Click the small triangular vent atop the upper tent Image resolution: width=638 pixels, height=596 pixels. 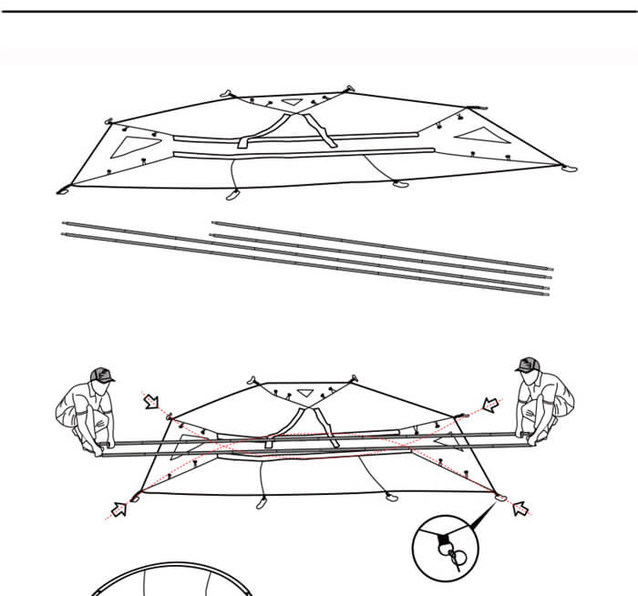coord(291,103)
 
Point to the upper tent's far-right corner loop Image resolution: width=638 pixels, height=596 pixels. coord(569,168)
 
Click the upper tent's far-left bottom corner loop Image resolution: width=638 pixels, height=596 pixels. coord(63,190)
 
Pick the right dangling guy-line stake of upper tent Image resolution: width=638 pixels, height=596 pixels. coord(399,184)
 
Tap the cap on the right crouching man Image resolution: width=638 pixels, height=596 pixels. coord(527,365)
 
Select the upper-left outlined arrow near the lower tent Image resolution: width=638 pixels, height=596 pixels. coord(150,400)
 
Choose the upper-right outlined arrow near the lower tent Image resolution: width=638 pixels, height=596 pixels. coord(491,405)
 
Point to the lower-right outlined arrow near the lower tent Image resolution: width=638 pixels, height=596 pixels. coord(521,508)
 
